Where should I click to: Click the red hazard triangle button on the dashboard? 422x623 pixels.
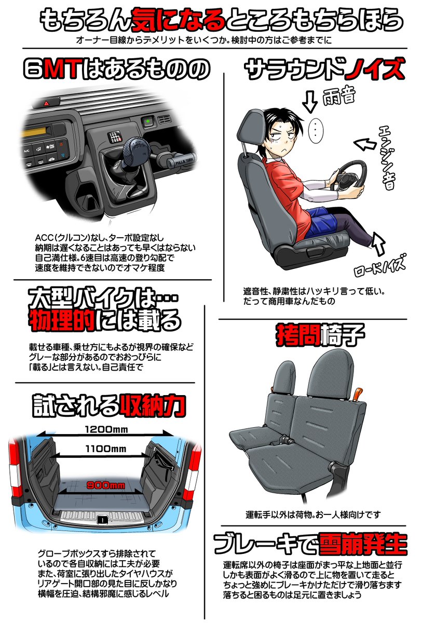tap(46, 103)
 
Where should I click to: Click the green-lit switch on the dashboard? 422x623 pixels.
tap(148, 121)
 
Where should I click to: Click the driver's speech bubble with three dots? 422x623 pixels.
tap(316, 131)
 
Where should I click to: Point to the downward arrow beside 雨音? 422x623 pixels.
tap(310, 102)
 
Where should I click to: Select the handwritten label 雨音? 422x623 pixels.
tap(338, 96)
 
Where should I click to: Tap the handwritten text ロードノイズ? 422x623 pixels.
tap(380, 265)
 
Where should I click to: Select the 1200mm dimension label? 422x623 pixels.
tap(106, 429)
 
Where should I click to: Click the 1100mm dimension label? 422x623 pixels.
tap(106, 449)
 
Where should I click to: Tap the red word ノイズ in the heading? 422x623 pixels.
tap(374, 69)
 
